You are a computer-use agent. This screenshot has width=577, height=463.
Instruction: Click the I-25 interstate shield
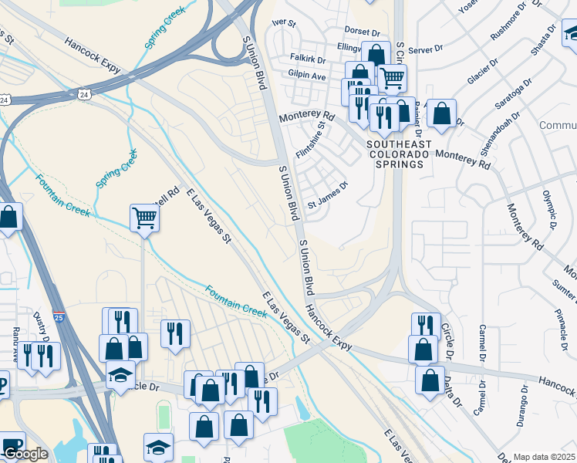click(59, 316)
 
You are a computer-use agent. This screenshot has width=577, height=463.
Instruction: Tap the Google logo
click(25, 454)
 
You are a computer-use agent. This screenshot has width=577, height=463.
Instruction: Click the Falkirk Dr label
click(307, 59)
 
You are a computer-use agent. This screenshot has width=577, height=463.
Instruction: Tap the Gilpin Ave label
click(307, 76)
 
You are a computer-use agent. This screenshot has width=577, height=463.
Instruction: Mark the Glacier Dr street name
click(482, 69)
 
